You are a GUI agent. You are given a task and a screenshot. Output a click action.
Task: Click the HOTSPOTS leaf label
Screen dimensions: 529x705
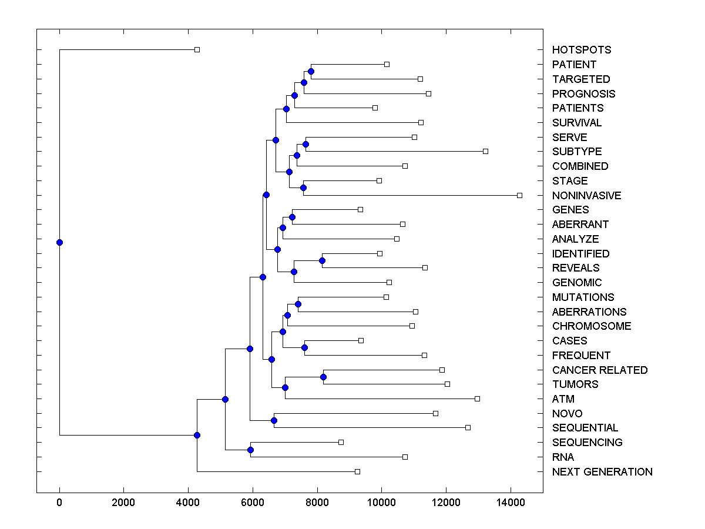pyautogui.click(x=582, y=50)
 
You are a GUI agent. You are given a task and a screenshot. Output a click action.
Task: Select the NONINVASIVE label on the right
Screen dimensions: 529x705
pyautogui.click(x=586, y=196)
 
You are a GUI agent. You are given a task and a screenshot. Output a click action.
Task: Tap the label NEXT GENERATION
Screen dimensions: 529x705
pyautogui.click(x=602, y=472)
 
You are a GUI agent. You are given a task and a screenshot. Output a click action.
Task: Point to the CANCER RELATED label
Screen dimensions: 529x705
pyautogui.click(x=600, y=370)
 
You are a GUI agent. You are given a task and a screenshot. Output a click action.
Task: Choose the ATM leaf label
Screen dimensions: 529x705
pyautogui.click(x=563, y=399)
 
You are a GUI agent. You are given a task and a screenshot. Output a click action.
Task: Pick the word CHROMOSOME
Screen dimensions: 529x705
pyautogui.click(x=592, y=326)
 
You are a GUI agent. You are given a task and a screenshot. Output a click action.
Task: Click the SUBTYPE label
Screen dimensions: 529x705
pyautogui.click(x=577, y=152)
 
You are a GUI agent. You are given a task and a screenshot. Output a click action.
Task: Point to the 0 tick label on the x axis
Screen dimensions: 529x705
pyautogui.click(x=59, y=503)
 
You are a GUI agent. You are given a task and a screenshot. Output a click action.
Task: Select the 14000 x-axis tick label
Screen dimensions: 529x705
pyautogui.click(x=510, y=503)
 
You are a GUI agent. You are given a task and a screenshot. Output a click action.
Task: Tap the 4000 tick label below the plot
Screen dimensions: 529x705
pyautogui.click(x=188, y=503)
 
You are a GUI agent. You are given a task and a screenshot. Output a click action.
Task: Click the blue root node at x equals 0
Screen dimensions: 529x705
pyautogui.click(x=59, y=242)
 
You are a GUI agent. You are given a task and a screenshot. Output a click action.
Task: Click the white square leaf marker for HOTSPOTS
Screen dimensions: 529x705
pyautogui.click(x=197, y=49)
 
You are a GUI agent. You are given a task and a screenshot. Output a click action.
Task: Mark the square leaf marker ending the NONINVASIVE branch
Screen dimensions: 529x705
pyautogui.click(x=519, y=195)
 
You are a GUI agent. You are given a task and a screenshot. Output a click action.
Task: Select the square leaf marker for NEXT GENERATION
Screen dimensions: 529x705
pyautogui.click(x=357, y=471)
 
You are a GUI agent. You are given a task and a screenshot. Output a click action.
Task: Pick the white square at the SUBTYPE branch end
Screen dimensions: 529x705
pyautogui.click(x=485, y=151)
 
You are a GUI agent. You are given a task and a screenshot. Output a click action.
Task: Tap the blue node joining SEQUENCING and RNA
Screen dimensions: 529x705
pyautogui.click(x=250, y=450)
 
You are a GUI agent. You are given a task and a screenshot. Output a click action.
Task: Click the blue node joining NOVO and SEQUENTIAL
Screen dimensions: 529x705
pyautogui.click(x=274, y=420)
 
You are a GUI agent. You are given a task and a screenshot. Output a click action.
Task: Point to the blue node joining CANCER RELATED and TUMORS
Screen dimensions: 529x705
pyautogui.click(x=323, y=377)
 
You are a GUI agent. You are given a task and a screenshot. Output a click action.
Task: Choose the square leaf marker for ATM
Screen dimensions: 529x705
pyautogui.click(x=477, y=399)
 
